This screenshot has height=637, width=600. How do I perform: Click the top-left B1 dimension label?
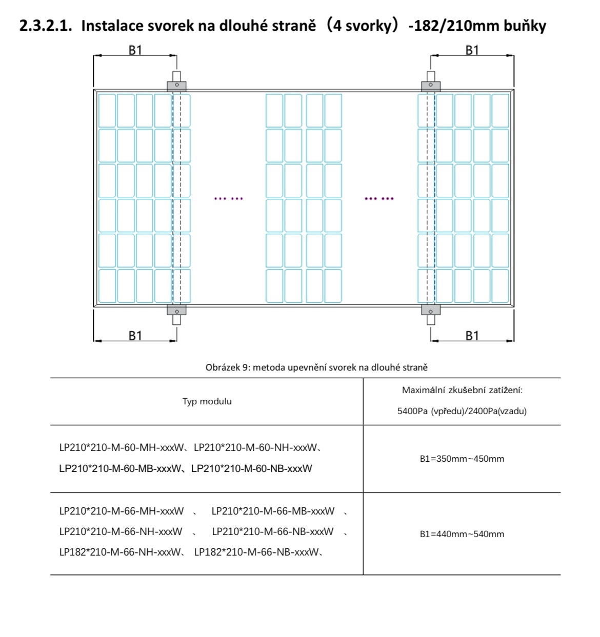pos(135,50)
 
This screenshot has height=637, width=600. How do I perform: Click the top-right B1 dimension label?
pos(472,50)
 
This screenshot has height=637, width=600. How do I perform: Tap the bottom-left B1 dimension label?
pos(135,336)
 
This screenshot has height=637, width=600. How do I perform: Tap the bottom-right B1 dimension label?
pos(472,336)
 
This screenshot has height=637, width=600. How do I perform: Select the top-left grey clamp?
pos(176,86)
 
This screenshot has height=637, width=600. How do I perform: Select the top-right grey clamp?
pos(431,86)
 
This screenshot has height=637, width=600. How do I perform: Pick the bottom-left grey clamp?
pos(176,310)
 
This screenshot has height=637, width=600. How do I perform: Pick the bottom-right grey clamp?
pos(431,310)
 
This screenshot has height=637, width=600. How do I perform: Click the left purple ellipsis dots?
pos(229,198)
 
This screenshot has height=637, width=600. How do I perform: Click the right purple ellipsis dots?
pos(379,198)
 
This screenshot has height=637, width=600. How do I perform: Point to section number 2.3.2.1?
pos(45,26)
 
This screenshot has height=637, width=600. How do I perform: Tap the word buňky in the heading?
pos(525,26)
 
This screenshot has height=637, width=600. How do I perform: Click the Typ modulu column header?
pos(207,401)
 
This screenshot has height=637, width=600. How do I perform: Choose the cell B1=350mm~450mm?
pos(462,459)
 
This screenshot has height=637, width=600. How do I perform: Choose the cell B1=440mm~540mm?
pos(462,534)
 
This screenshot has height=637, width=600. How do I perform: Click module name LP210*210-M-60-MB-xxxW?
pos(121,468)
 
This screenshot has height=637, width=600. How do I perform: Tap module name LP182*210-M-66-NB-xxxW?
pos(256,552)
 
